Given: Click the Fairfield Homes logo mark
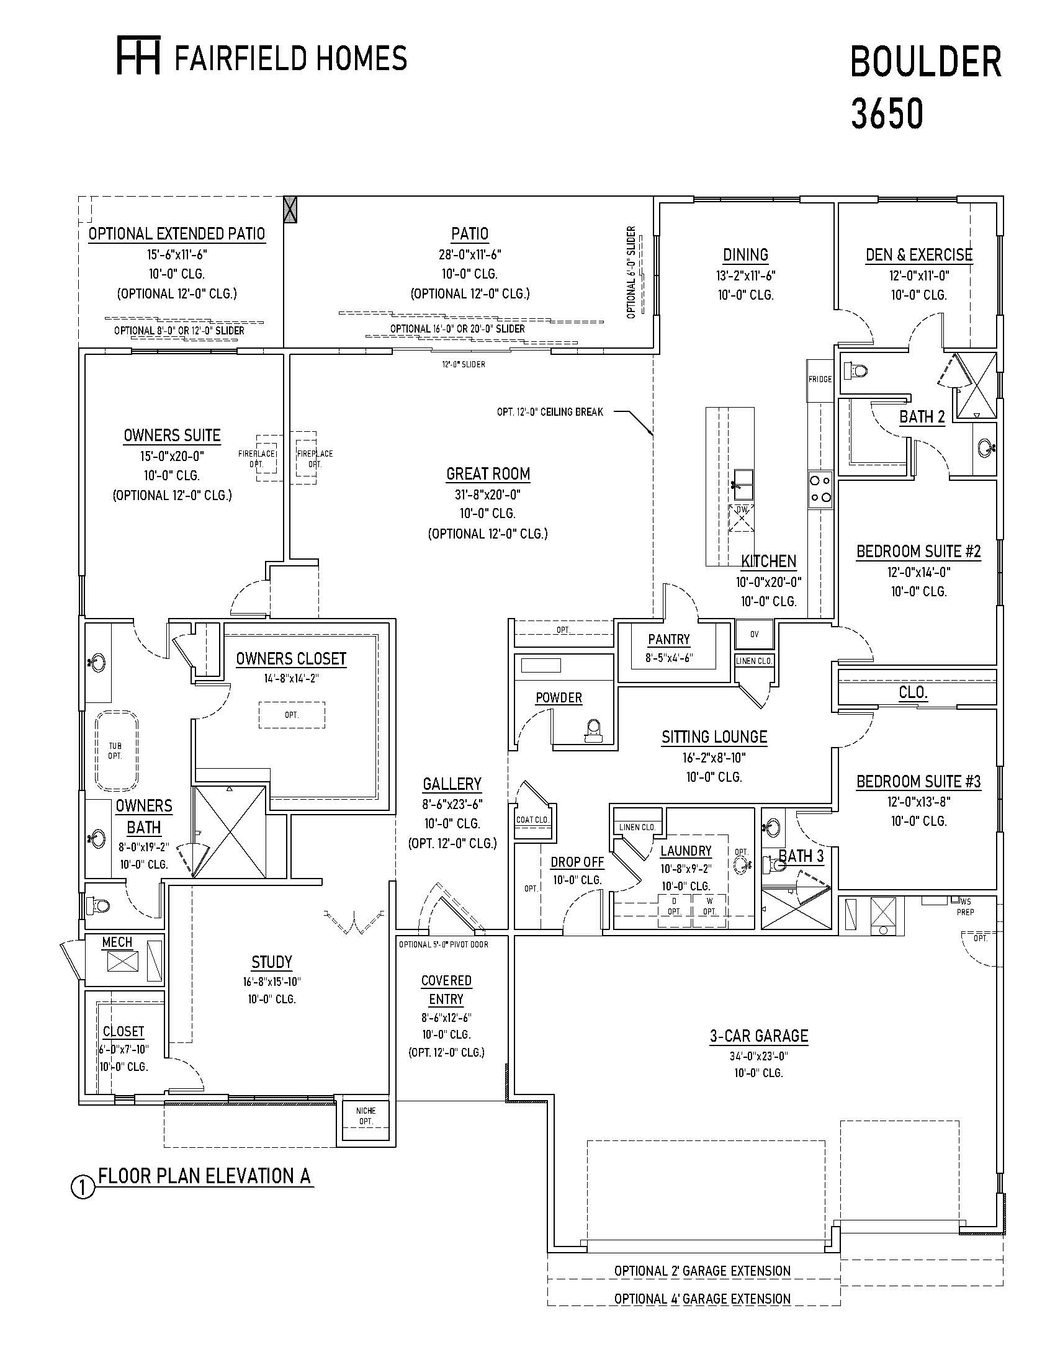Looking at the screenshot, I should [139, 56].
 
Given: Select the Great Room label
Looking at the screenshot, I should [488, 475].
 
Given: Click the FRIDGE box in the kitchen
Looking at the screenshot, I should [820, 380].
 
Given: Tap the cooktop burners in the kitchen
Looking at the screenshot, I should [820, 489].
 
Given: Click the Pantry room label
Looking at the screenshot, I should [669, 639].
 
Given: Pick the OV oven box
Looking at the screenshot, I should [755, 633].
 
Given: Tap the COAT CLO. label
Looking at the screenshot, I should [532, 820].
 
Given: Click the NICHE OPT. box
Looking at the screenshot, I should [366, 1116].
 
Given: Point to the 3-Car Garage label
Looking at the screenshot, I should [759, 1036].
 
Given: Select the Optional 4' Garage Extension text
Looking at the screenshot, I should [702, 1299].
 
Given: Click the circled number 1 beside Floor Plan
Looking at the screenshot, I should [83, 1188].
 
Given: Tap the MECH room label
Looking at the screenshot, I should [117, 942].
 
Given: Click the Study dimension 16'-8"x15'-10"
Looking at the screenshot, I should [272, 983].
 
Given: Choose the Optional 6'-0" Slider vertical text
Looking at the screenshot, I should [631, 272].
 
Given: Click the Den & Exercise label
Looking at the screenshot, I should [918, 255].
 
